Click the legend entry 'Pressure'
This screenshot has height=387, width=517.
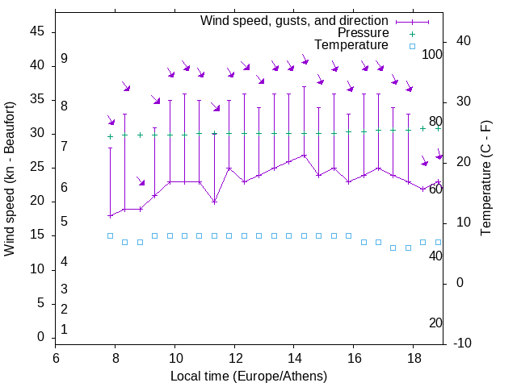(364, 33)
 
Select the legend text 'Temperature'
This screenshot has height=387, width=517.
(351, 45)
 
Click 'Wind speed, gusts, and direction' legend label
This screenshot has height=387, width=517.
(294, 20)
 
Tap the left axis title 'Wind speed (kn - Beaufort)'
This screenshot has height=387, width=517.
(10, 179)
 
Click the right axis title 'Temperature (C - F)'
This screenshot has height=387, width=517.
(485, 179)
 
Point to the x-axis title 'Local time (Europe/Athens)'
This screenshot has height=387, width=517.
(249, 377)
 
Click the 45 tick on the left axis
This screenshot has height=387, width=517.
(37, 32)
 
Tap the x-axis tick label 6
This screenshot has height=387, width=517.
(56, 358)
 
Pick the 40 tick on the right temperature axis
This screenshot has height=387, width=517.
(464, 41)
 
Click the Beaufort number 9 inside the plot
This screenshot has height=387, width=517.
(64, 59)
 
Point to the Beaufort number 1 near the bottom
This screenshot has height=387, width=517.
(64, 329)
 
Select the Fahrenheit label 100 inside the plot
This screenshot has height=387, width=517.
(432, 55)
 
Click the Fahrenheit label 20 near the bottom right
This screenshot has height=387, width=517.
(435, 322)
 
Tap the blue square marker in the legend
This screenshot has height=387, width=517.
(412, 46)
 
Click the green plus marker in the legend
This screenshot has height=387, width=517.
(412, 34)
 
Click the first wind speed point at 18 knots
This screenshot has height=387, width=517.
(110, 215)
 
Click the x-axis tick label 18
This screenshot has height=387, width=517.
(413, 358)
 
